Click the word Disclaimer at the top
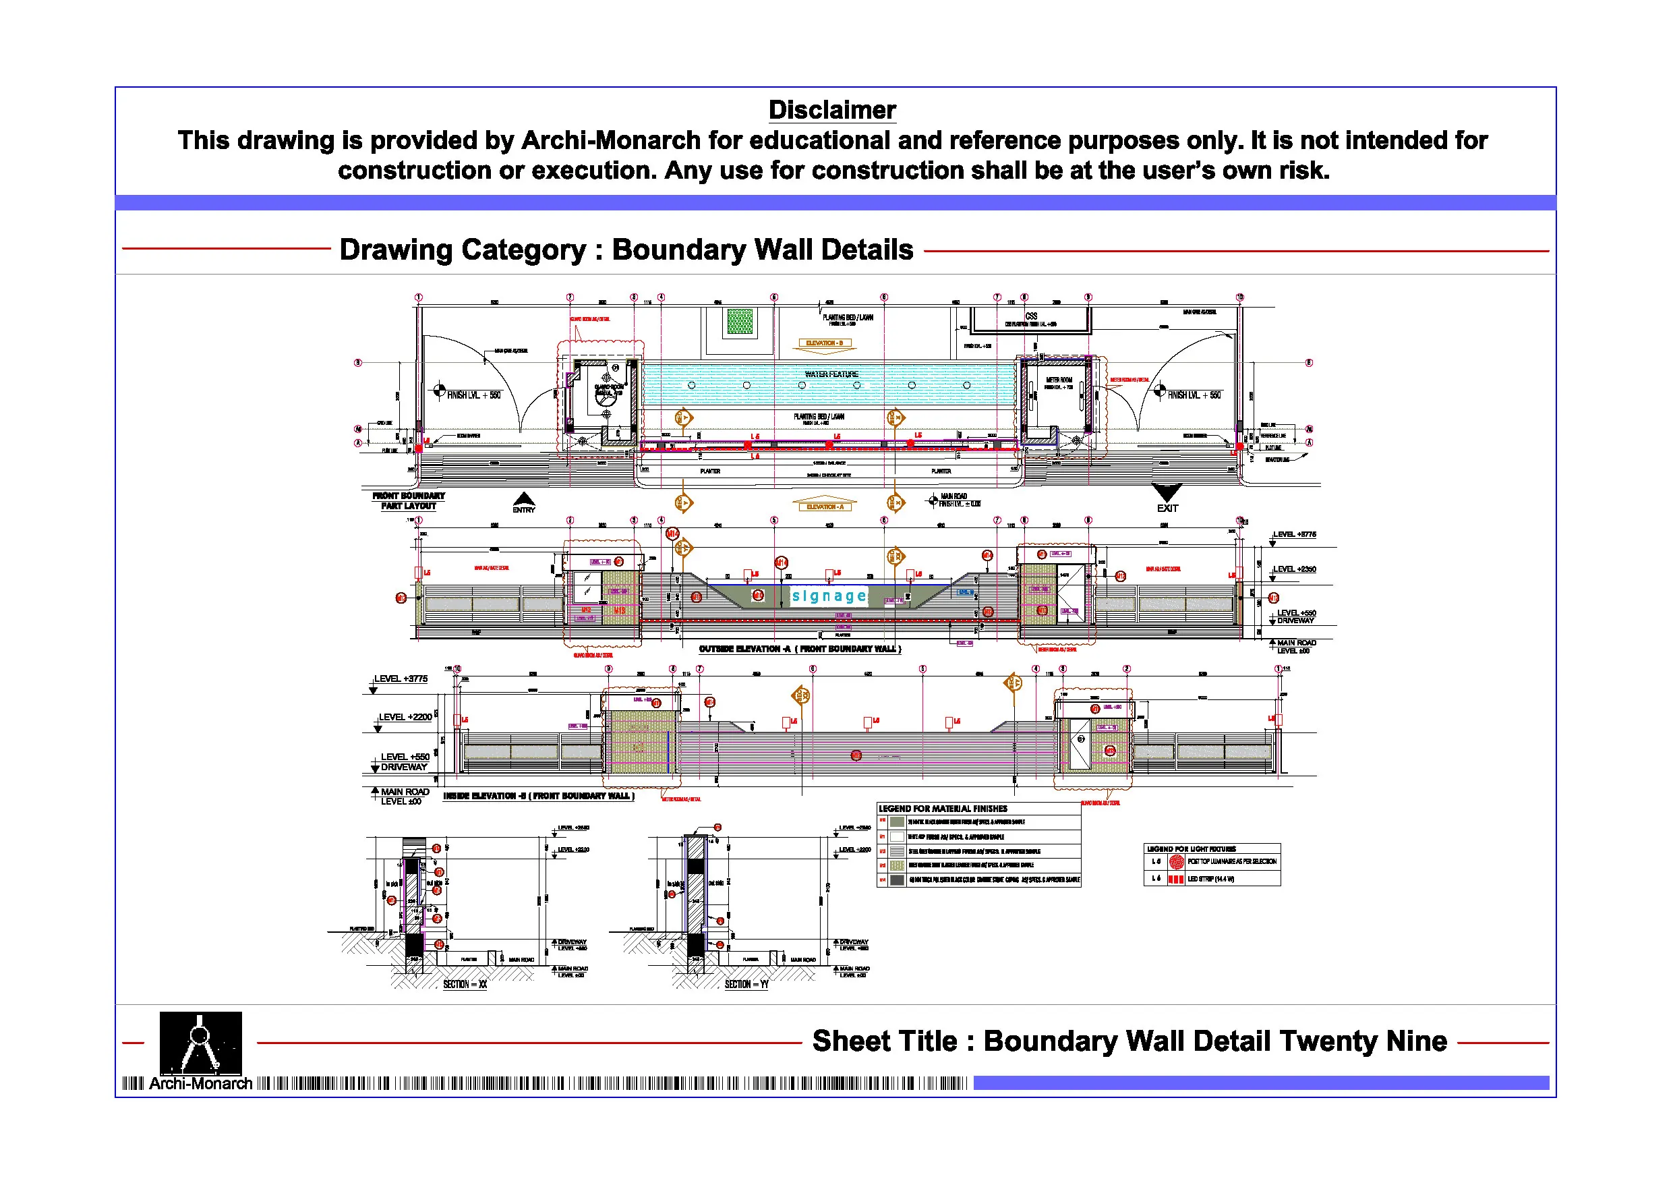[x=831, y=110]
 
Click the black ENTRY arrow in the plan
[x=524, y=499]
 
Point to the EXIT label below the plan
[x=1167, y=508]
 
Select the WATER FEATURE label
[x=831, y=374]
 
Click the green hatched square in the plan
[x=740, y=321]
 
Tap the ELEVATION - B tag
[x=824, y=343]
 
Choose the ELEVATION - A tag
[x=824, y=507]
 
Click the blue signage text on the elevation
[x=829, y=596]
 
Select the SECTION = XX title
[x=465, y=984]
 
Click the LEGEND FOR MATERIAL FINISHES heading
[x=943, y=809]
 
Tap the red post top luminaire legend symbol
[x=1176, y=861]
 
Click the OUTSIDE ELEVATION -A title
[x=799, y=649]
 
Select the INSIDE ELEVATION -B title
[x=539, y=796]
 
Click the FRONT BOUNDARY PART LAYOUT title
[x=408, y=500]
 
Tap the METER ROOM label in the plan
[x=1059, y=380]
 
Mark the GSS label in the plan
[x=1031, y=316]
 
